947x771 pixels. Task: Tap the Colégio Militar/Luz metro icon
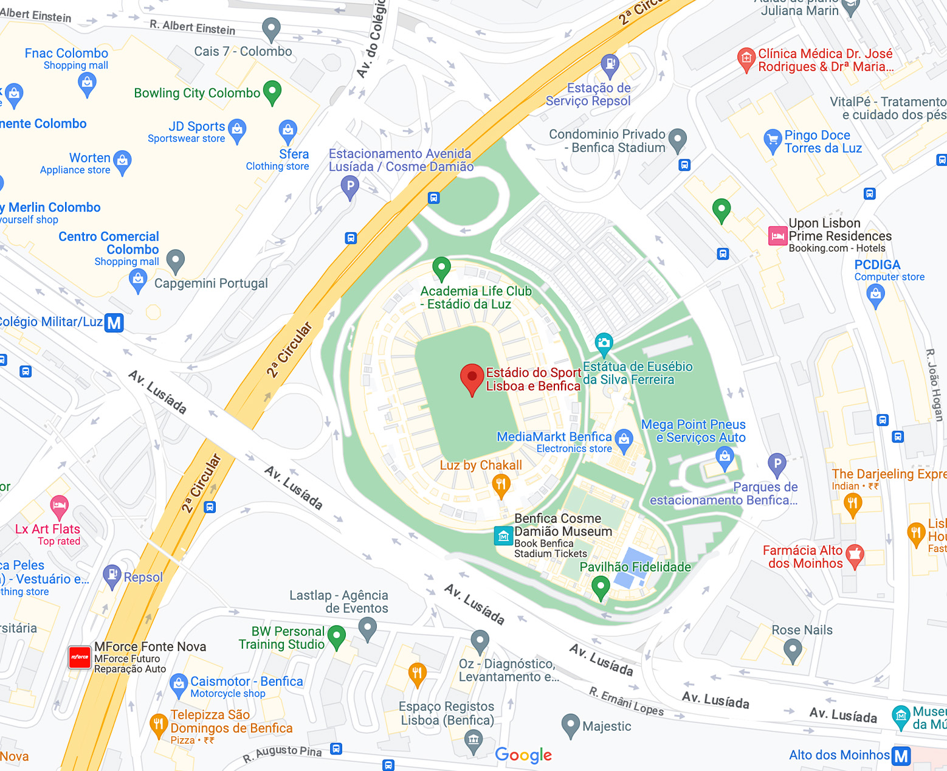114,322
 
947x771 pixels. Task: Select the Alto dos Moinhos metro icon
901,756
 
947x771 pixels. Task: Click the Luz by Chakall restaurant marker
501,485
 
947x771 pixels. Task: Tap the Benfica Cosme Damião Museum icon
503,536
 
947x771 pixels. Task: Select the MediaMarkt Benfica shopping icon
624,438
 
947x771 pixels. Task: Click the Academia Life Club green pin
441,267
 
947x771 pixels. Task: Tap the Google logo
523,755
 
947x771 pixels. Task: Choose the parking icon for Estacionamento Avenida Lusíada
350,185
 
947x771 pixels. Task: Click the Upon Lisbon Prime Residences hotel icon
777,235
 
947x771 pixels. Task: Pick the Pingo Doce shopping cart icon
772,140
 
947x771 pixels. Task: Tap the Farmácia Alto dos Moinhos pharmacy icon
855,555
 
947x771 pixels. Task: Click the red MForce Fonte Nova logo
80,657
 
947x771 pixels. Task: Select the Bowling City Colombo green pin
272,92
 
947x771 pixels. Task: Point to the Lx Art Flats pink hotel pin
59,505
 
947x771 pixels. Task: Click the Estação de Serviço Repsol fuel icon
609,64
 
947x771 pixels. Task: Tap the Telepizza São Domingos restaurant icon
158,724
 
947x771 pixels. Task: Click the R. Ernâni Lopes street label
626,700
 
